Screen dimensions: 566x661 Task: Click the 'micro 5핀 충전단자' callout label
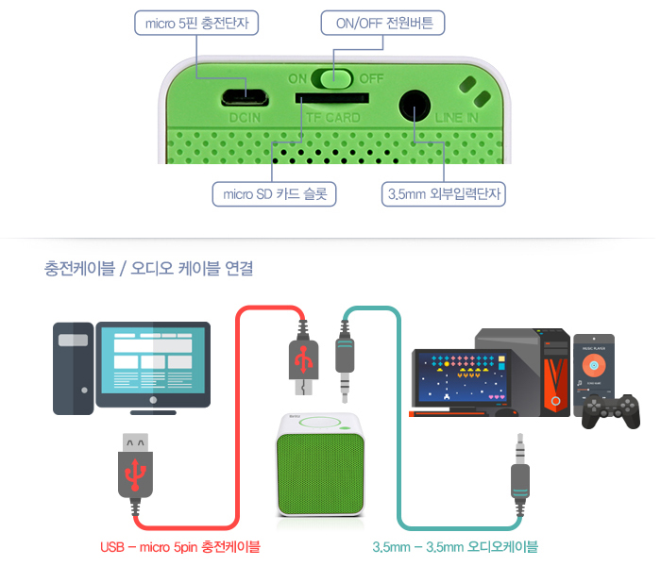click(195, 21)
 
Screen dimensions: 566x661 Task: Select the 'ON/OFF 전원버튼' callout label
click(377, 21)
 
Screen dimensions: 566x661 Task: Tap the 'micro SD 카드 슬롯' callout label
click(274, 194)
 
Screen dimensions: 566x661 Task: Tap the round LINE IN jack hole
click(415, 105)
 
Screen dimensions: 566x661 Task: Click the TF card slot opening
click(330, 96)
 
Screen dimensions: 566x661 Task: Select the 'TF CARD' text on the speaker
click(331, 118)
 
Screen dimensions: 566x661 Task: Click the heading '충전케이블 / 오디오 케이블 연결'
click(148, 268)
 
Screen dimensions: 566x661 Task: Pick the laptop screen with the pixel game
click(461, 381)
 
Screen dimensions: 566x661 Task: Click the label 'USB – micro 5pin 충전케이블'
click(179, 546)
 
